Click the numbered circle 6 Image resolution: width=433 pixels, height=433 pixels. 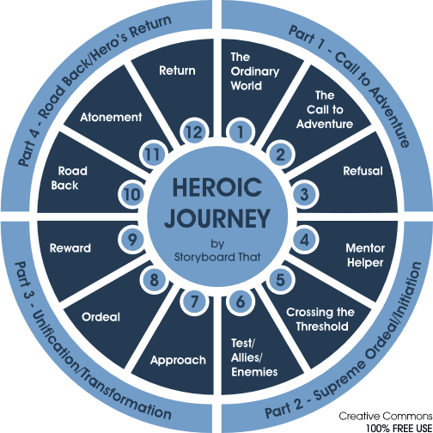pos(241,302)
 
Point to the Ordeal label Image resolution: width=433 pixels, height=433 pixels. pos(101,316)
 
